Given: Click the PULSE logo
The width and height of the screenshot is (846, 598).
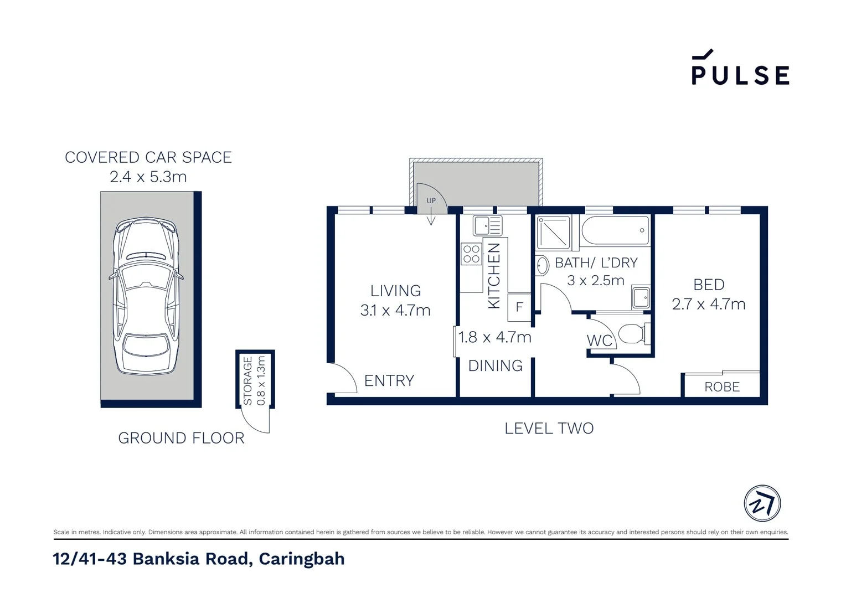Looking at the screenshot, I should pos(740,69).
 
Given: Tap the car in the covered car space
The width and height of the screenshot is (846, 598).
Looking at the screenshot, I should pos(146,296).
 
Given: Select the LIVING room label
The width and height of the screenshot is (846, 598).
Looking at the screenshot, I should pos(395,291).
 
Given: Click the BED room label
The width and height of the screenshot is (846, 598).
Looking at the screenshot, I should pos(709,285).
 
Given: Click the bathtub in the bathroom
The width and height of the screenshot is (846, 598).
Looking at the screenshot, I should pos(615,230).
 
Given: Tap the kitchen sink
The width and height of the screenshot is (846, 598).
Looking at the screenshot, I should pos(487,226).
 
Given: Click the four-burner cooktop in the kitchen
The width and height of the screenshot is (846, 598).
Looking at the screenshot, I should pos(471,254).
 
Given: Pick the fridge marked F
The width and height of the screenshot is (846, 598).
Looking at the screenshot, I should pos(519,307).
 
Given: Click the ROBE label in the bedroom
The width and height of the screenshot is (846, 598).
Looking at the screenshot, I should pos(722,386).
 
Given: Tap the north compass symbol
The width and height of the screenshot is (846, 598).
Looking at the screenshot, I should pos(762,504).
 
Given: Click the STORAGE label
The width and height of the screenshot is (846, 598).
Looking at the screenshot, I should pos(248,380).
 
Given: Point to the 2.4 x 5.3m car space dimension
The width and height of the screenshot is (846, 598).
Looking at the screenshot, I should pos(148,177).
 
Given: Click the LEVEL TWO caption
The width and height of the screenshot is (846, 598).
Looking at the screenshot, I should pos(549,428).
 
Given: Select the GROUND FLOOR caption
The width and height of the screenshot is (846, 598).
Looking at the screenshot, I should pos(181,438).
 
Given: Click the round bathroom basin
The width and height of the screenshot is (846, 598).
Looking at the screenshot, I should pos(542,266).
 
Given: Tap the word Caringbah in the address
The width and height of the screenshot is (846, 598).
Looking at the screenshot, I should pos(301,559).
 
